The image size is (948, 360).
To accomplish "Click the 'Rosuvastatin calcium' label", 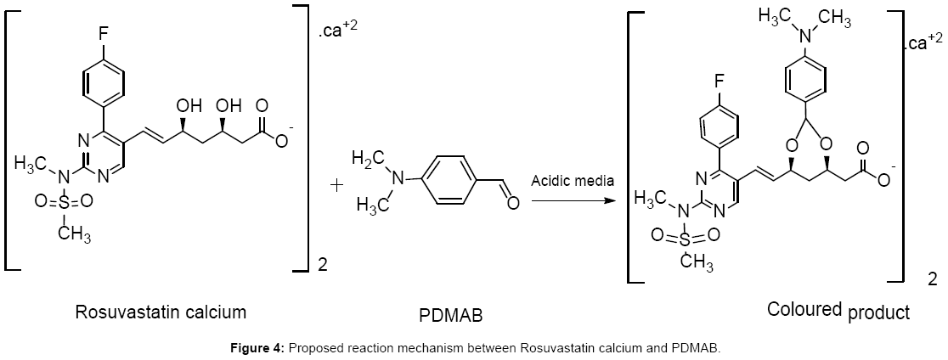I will pos(161,312).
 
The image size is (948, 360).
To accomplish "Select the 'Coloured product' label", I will pos(838,311).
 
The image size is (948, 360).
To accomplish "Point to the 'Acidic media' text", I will pos(572,181).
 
